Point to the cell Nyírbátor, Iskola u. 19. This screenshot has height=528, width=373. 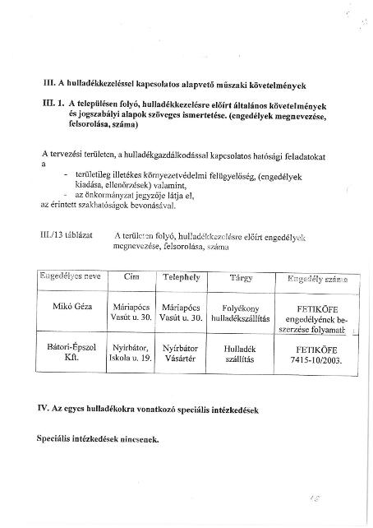131,354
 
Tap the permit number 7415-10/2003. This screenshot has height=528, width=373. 315,359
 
